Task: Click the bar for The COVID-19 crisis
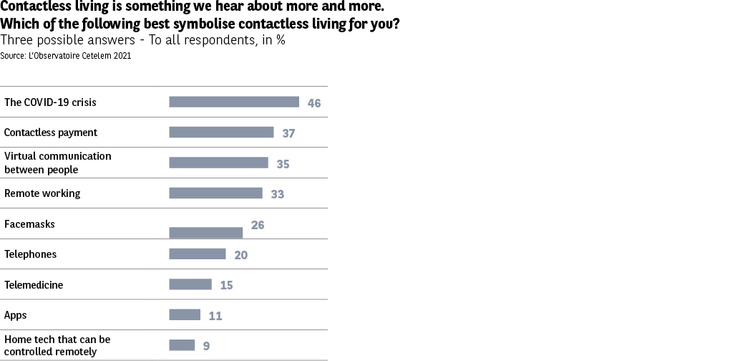pyautogui.click(x=234, y=102)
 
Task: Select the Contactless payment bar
pyautogui.click(x=221, y=133)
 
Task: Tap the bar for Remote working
pyautogui.click(x=215, y=193)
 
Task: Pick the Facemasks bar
pyautogui.click(x=206, y=233)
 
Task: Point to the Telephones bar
pyautogui.click(x=198, y=254)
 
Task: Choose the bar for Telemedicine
pyautogui.click(x=190, y=284)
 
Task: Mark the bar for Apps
pyautogui.click(x=185, y=314)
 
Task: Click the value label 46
pyautogui.click(x=314, y=103)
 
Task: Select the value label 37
pyautogui.click(x=288, y=133)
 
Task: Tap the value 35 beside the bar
pyautogui.click(x=283, y=164)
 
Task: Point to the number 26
pyautogui.click(x=258, y=225)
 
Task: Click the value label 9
pyautogui.click(x=206, y=346)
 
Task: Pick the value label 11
pyautogui.click(x=215, y=316)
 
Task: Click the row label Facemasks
pyautogui.click(x=29, y=224)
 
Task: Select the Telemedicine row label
pyautogui.click(x=34, y=285)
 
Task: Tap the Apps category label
pyautogui.click(x=16, y=315)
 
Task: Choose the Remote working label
pyautogui.click(x=42, y=193)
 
